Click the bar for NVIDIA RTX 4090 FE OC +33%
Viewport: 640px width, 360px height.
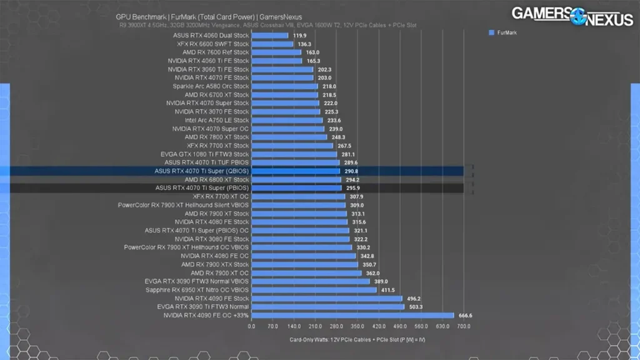[352, 316]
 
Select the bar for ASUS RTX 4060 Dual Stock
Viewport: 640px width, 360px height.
[269, 36]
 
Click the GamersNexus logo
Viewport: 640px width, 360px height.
[572, 16]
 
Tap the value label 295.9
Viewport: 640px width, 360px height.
[352, 188]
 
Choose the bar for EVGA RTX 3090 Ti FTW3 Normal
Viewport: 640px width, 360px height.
[327, 307]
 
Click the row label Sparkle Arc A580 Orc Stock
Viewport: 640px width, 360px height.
[211, 86]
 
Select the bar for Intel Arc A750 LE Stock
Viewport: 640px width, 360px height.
[286, 120]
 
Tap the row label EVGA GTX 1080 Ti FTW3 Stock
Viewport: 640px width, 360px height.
[205, 154]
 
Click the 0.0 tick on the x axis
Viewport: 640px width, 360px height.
[251, 326]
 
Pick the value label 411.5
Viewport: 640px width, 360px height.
[389, 290]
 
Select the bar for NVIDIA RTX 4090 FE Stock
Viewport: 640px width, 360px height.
[326, 299]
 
